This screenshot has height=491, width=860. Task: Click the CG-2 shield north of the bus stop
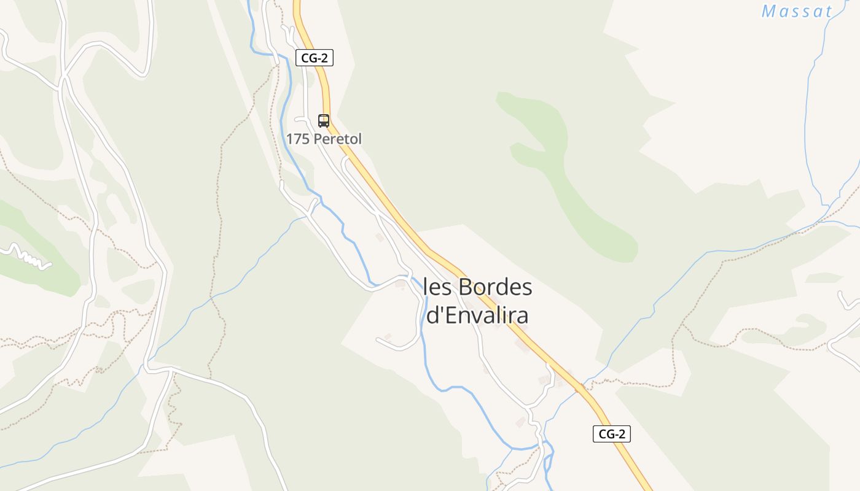pyautogui.click(x=314, y=58)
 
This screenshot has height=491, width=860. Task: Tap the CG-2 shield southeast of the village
pyautogui.click(x=612, y=434)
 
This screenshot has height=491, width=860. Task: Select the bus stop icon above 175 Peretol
pyautogui.click(x=324, y=120)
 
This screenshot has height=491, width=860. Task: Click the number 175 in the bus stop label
pyautogui.click(x=298, y=139)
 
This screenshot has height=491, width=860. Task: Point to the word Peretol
pyautogui.click(x=338, y=139)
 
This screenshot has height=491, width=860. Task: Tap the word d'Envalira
pyautogui.click(x=477, y=315)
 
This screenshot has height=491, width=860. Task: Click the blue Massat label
pyautogui.click(x=797, y=11)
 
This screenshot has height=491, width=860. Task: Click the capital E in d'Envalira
pyautogui.click(x=450, y=315)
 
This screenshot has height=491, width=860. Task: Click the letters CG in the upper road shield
pyautogui.click(x=308, y=58)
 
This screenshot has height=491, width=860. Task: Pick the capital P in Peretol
pyautogui.click(x=318, y=139)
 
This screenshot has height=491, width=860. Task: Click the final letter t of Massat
pyautogui.click(x=828, y=11)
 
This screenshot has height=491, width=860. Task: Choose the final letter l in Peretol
pyautogui.click(x=359, y=139)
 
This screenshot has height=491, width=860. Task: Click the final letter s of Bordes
pyautogui.click(x=526, y=287)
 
